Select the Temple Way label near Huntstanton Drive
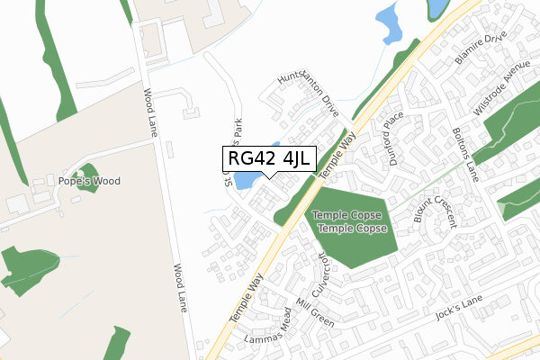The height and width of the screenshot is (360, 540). (346, 148)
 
